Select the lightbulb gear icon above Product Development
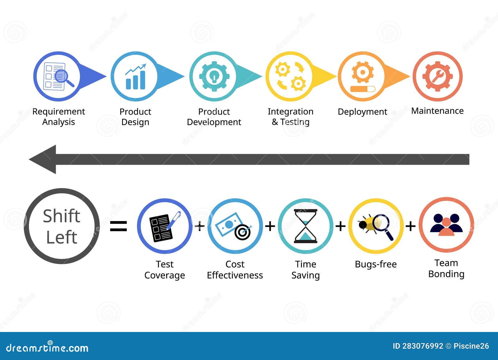[214, 76]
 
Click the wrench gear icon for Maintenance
[437, 76]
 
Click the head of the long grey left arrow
[44, 159]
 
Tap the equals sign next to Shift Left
[119, 226]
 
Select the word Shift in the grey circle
[61, 216]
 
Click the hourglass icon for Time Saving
[306, 226]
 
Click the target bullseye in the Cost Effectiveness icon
[242, 232]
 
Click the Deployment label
[362, 111]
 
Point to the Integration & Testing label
[290, 116]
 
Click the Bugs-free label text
[376, 264]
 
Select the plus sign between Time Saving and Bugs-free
[341, 226]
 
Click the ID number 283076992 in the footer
[422, 346]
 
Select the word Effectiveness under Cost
[235, 275]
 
